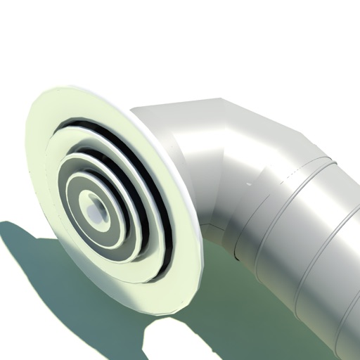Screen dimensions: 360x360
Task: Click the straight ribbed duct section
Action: tap(316, 239)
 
